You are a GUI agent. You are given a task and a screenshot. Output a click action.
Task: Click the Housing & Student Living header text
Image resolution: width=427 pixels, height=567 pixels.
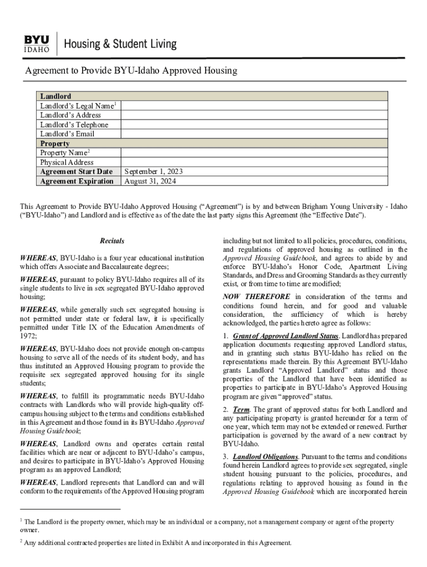121,44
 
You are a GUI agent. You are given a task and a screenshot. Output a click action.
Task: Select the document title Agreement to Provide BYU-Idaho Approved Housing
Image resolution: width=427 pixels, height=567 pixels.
131,71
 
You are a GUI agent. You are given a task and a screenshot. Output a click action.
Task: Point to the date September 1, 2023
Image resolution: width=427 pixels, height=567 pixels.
154,172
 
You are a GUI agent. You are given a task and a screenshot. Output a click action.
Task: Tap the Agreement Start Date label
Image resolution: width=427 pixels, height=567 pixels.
76,172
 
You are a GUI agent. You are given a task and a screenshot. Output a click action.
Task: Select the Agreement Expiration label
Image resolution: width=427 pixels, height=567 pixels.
77,181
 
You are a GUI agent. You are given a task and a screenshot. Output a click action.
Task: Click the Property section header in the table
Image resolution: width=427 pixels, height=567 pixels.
54,143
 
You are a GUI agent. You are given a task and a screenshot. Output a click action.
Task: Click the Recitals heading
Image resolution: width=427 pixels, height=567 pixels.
111,241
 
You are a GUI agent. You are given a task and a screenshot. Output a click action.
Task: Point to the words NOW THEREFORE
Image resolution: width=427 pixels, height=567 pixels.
256,297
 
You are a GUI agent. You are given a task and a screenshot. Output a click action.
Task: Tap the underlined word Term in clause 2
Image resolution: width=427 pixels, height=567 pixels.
241,410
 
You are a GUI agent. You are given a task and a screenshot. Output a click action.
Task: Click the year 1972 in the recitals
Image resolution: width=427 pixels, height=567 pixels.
29,336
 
